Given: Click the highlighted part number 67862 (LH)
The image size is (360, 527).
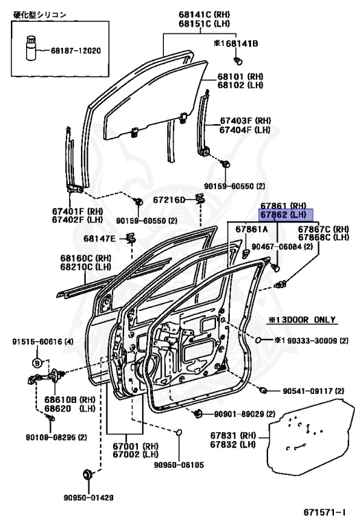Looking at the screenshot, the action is [285, 215].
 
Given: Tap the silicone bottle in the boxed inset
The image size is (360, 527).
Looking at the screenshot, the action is [31, 48].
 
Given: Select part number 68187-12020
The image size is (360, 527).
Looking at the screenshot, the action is [75, 51].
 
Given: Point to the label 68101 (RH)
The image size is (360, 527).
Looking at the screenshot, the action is [240, 77].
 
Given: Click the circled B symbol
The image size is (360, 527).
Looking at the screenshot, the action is [37, 363].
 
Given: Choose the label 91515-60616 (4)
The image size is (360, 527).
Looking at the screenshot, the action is [43, 342].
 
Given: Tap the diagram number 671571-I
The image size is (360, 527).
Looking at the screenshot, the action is [324, 513].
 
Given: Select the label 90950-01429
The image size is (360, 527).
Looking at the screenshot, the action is [88, 497].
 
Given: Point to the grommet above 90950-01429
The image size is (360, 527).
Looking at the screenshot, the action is [88, 475].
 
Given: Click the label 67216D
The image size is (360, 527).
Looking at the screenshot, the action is [169, 200].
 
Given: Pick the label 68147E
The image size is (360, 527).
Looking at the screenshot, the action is [99, 238].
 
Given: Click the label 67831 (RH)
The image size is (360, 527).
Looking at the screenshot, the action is [233, 436].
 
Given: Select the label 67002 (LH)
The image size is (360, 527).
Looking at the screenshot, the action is [135, 454].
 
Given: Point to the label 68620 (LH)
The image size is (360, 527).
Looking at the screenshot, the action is [70, 409].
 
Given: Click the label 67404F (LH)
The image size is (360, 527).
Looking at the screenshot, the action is [245, 130].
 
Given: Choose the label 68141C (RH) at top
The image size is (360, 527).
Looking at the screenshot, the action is [204, 14].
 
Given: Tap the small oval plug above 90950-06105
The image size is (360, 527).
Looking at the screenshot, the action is [179, 432].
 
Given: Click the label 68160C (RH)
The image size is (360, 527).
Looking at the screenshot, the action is [86, 259].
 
